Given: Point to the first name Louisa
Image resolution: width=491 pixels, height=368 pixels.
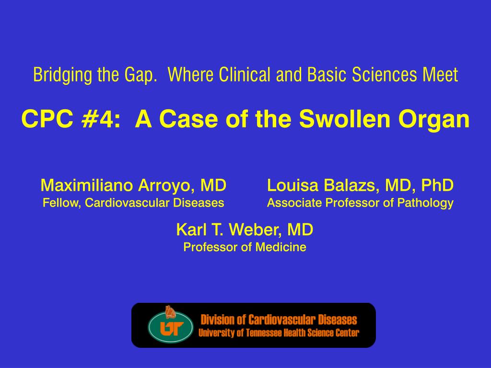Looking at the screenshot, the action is [x=292, y=185].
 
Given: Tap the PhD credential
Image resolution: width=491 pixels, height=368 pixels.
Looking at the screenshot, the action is [x=437, y=185].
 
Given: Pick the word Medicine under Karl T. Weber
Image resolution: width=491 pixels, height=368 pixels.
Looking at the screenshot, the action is [x=281, y=247].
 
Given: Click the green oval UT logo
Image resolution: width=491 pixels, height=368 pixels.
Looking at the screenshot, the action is [x=171, y=327].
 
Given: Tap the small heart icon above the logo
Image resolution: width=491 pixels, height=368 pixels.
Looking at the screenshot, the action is [x=170, y=311].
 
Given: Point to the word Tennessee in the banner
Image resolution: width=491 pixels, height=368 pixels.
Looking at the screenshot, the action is [x=264, y=333].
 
